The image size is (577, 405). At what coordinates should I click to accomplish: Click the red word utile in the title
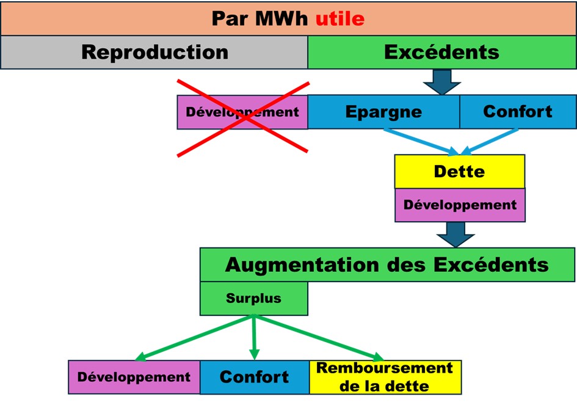click(x=339, y=19)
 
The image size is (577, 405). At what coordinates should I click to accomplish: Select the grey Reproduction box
click(x=154, y=52)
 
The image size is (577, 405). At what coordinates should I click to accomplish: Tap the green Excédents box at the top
click(x=441, y=52)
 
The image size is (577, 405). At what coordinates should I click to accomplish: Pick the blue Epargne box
click(x=383, y=112)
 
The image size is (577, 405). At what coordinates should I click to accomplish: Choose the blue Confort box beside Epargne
click(x=517, y=112)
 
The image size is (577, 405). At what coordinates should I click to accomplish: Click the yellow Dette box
click(x=459, y=171)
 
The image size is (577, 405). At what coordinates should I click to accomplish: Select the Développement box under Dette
click(x=459, y=205)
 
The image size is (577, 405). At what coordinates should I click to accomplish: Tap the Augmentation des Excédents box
click(x=386, y=265)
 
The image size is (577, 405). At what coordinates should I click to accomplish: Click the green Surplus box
click(x=253, y=299)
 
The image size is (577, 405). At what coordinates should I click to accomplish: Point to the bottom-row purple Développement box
click(x=134, y=377)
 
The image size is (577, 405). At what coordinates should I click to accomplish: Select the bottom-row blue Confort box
click(x=254, y=377)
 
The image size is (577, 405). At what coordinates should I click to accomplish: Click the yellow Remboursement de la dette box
click(x=385, y=377)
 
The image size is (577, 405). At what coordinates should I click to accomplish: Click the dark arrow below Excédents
click(x=441, y=81)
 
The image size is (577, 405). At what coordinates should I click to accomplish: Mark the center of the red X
click(x=243, y=117)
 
